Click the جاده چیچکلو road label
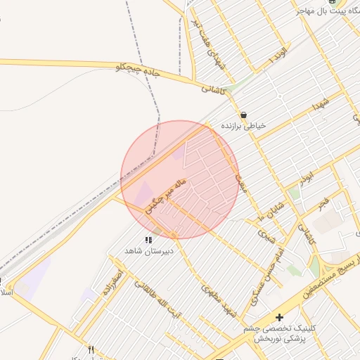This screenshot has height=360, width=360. (x=139, y=70)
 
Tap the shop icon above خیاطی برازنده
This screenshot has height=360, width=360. (x=243, y=115)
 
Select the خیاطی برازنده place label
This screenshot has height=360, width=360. (x=245, y=126)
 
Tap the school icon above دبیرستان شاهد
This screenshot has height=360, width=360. (x=148, y=240)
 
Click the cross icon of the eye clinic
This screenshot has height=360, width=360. (x=280, y=318)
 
